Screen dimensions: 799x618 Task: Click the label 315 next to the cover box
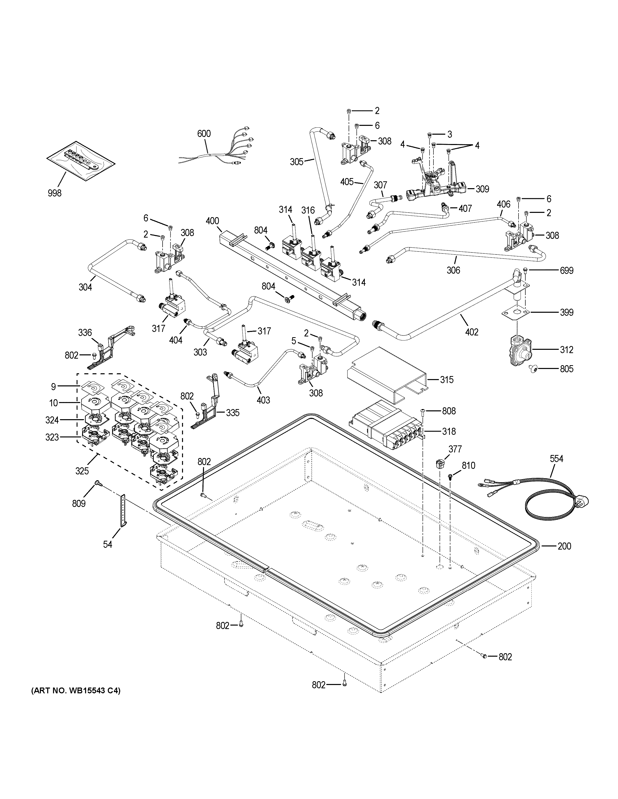pyautogui.click(x=446, y=380)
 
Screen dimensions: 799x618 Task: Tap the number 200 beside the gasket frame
pyautogui.click(x=564, y=556)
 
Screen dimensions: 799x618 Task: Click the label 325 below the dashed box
pyautogui.click(x=82, y=471)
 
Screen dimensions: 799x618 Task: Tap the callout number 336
pyautogui.click(x=85, y=333)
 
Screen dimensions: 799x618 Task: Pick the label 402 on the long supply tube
pyautogui.click(x=472, y=332)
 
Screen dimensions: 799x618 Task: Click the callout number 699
pyautogui.click(x=566, y=270)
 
